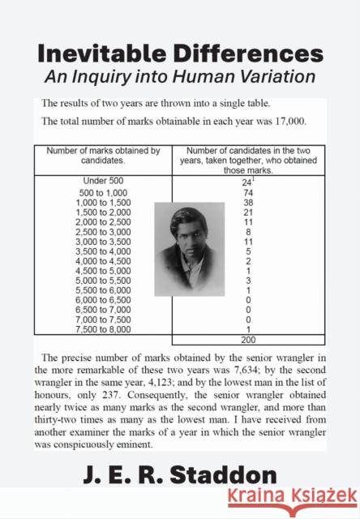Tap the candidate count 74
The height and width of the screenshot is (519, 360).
(x=249, y=191)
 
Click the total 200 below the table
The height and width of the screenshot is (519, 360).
(x=249, y=341)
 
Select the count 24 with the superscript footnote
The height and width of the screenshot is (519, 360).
(x=247, y=181)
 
